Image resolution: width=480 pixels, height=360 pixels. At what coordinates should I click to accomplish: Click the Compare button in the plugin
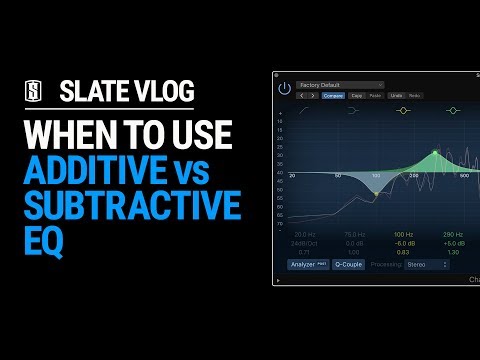coord(333,96)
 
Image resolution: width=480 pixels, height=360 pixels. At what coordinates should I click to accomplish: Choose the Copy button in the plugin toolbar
coord(357,96)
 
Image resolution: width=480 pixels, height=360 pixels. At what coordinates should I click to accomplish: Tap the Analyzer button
coord(309,265)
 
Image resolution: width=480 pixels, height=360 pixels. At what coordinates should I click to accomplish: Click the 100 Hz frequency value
coord(402,233)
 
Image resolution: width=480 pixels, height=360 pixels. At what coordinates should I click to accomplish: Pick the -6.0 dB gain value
coord(402,242)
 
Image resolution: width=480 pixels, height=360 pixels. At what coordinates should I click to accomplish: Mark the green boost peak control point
coord(435,153)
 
